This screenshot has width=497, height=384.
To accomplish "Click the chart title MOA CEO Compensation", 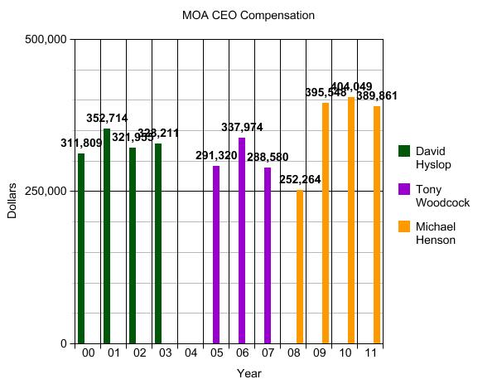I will pyautogui.click(x=248, y=15).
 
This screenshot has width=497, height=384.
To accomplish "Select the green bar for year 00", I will pyautogui.click(x=81, y=248).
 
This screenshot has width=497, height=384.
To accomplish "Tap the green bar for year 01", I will pyautogui.click(x=107, y=236).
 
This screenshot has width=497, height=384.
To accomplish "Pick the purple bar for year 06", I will pyautogui.click(x=242, y=241).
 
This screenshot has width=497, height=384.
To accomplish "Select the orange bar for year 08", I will pyautogui.click(x=300, y=266).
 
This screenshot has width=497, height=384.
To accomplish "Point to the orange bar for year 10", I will pyautogui.click(x=351, y=220).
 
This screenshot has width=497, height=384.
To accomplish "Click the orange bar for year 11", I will pyautogui.click(x=377, y=225).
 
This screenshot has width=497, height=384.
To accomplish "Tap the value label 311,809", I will pyautogui.click(x=81, y=143).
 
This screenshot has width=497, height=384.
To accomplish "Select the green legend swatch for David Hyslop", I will pyautogui.click(x=404, y=151).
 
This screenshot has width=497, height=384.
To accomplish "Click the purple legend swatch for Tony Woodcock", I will pyautogui.click(x=404, y=189).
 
